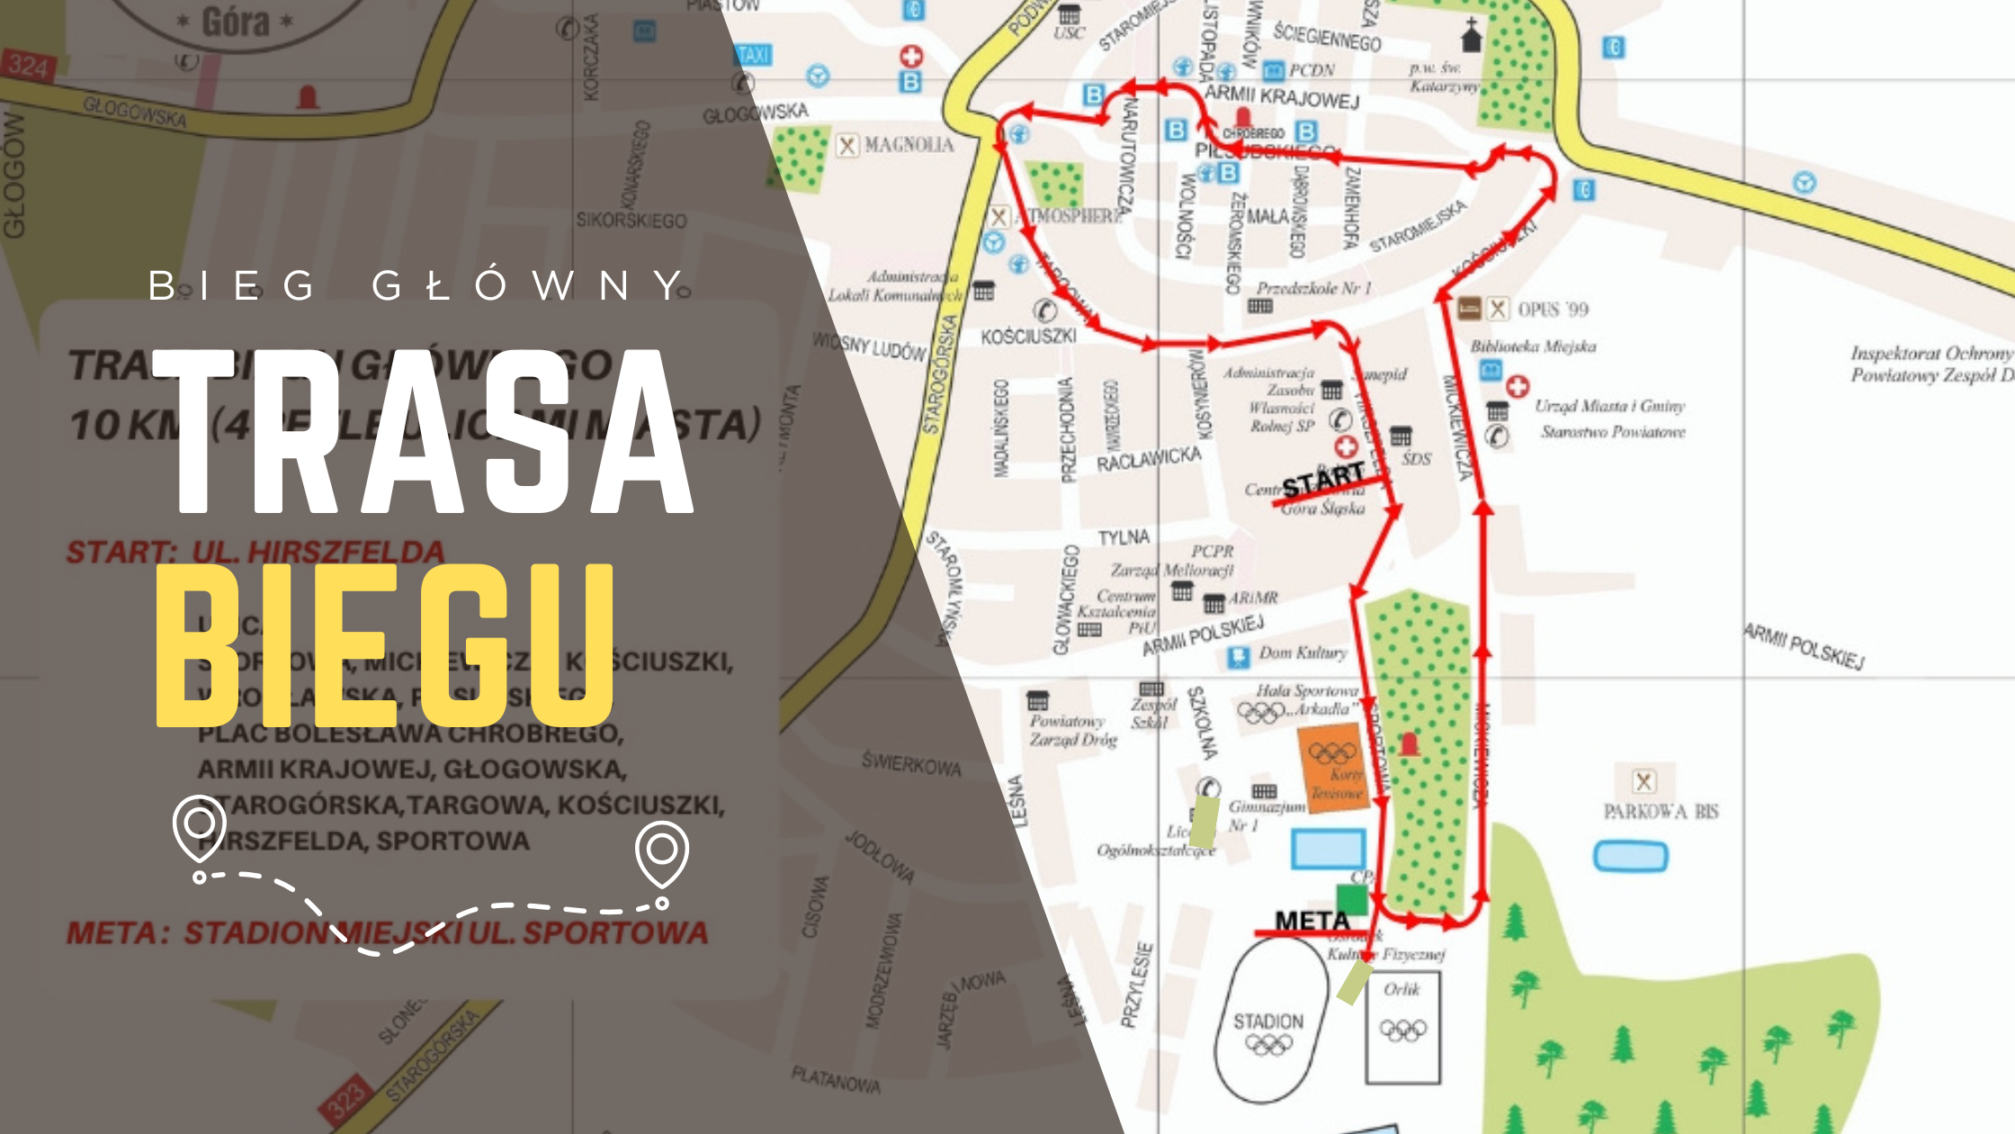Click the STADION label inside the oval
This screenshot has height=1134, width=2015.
tap(1267, 1021)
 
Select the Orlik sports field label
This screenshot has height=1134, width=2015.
tap(1402, 989)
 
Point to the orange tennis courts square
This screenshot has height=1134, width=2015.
tap(1335, 769)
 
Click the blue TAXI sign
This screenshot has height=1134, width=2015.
tap(753, 56)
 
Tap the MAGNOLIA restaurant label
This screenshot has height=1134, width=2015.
tap(909, 145)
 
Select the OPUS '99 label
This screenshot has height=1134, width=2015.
tap(1553, 310)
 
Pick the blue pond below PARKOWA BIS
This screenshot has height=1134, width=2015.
tap(1630, 856)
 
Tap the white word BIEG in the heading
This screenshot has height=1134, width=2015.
tap(232, 285)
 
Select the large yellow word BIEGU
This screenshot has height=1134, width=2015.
tap(385, 644)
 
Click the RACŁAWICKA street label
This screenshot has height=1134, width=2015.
tap(1148, 459)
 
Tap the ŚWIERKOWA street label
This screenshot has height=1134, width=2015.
tap(910, 764)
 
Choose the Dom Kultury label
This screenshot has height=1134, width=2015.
tap(1303, 652)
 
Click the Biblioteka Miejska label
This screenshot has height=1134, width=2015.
tap(1533, 346)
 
